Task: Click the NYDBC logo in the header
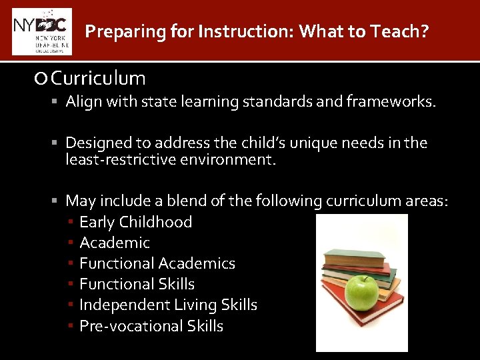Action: tap(41, 31)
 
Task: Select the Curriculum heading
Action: tap(98, 79)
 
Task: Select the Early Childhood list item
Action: tap(135, 222)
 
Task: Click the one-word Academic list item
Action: tap(115, 243)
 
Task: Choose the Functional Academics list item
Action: tap(157, 263)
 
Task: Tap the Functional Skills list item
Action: tap(137, 284)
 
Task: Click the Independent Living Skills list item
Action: tap(168, 305)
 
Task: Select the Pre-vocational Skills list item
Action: tap(151, 326)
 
